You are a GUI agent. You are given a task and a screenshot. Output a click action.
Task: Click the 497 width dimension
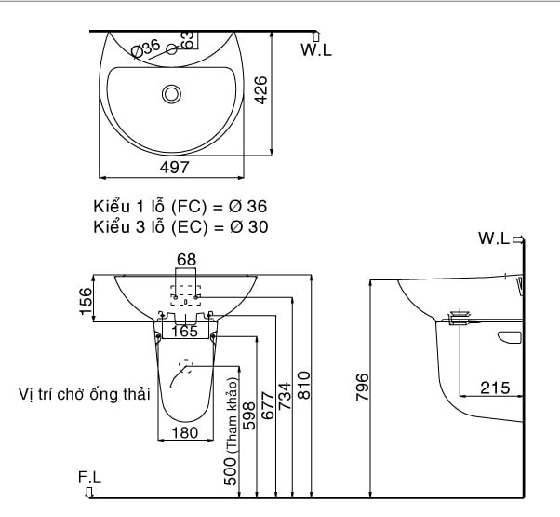click(x=174, y=168)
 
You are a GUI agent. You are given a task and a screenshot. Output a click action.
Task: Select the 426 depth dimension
click(x=261, y=90)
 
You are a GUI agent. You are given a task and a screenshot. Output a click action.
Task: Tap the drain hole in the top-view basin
click(x=171, y=93)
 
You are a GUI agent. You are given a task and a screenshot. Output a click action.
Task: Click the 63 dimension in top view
click(x=187, y=39)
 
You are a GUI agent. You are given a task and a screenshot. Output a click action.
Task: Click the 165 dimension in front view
click(x=184, y=331)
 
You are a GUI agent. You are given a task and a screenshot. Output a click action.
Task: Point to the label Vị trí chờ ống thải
click(x=84, y=395)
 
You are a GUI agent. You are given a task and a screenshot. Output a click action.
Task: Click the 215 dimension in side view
click(x=494, y=388)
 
